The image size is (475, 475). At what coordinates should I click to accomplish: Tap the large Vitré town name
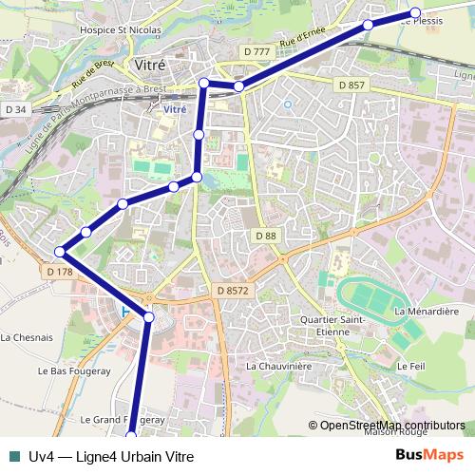pos(151,65)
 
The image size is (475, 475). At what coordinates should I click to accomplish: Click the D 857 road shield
pos(351,85)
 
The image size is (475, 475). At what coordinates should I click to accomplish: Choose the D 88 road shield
pos(265,235)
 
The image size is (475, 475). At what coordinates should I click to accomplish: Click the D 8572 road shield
pos(231,291)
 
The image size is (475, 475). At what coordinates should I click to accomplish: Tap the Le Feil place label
pos(410,366)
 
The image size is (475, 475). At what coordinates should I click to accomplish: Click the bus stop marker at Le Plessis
pos(415,13)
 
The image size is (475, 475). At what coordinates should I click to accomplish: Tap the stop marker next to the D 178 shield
pos(60,252)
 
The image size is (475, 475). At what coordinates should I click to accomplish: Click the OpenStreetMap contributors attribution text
pos(391,426)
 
